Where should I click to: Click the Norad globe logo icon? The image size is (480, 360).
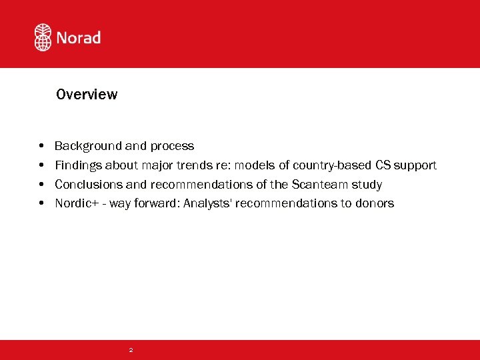(x=43, y=37)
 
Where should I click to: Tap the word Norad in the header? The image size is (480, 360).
(x=79, y=38)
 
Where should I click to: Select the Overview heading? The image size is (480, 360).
(x=87, y=95)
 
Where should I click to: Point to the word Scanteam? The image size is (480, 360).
(x=320, y=185)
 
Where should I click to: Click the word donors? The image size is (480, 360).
(x=375, y=203)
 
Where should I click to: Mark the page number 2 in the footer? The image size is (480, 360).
(x=131, y=350)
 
